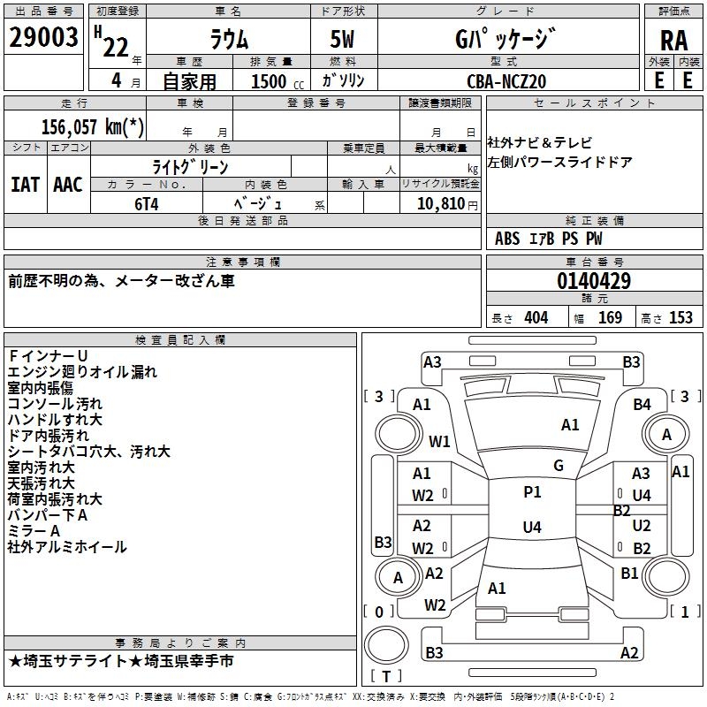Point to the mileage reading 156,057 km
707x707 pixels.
click(x=87, y=126)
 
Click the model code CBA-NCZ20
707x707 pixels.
click(x=506, y=81)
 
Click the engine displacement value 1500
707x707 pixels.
click(x=269, y=81)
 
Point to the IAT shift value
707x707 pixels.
click(x=25, y=185)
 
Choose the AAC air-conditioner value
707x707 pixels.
click(x=67, y=185)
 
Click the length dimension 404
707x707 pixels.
click(x=536, y=317)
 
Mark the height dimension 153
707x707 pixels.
click(x=680, y=317)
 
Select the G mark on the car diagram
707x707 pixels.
click(x=558, y=466)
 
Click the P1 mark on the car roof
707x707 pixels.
click(x=532, y=492)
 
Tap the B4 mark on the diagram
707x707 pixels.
click(x=642, y=404)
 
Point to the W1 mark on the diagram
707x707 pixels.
click(x=439, y=441)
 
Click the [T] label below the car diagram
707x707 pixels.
click(x=385, y=677)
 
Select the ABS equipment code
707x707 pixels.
click(x=507, y=239)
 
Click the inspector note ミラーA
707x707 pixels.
click(x=34, y=530)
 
